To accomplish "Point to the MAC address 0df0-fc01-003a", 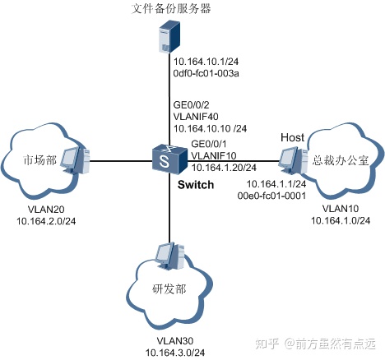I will (x=206, y=75).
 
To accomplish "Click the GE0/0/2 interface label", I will (x=191, y=104).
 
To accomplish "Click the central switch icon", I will (x=168, y=159).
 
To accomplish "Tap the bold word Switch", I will (x=196, y=185).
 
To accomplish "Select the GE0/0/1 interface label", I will (x=210, y=144).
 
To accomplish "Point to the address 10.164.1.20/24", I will (x=223, y=168).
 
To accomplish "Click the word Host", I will (x=292, y=136).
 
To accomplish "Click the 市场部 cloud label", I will (x=35, y=158).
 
